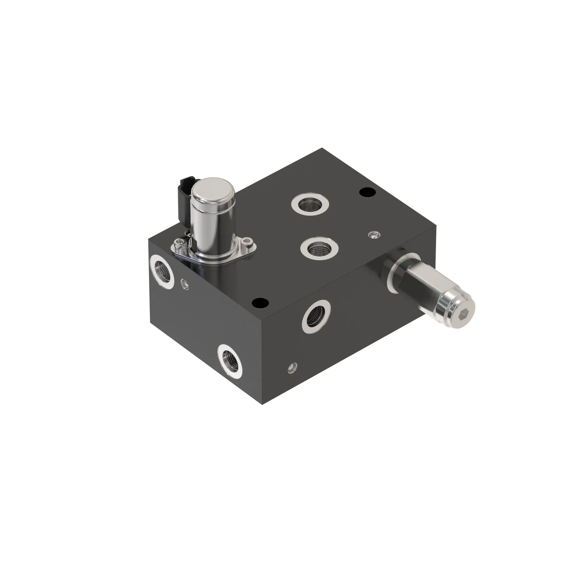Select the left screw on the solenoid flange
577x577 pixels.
(180, 244)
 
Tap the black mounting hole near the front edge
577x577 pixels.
(260, 303)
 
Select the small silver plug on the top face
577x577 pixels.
(374, 235)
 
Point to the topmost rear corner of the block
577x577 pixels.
(322, 148)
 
